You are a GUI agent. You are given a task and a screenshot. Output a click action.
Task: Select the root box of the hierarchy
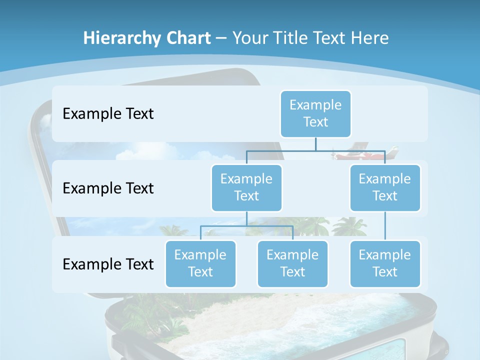315,113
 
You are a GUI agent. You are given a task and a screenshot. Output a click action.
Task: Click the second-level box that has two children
246,187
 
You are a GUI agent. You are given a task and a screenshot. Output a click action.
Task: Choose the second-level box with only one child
385,187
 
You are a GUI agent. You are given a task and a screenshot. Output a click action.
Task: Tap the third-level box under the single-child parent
385,263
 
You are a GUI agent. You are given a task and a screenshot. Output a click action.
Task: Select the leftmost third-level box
200,263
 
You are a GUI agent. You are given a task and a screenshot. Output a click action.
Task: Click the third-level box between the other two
292,263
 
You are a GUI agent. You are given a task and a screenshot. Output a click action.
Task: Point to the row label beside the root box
108,114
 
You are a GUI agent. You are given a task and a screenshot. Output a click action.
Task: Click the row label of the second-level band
108,188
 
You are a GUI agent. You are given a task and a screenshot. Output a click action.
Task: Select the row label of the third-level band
108,264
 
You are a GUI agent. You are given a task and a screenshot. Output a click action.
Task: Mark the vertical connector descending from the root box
315,144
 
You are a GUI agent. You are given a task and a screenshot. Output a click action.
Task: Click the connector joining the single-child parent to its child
385,226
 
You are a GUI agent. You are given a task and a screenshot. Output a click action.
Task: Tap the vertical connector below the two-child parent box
246,219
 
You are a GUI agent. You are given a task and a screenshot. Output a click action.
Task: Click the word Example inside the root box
315,105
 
